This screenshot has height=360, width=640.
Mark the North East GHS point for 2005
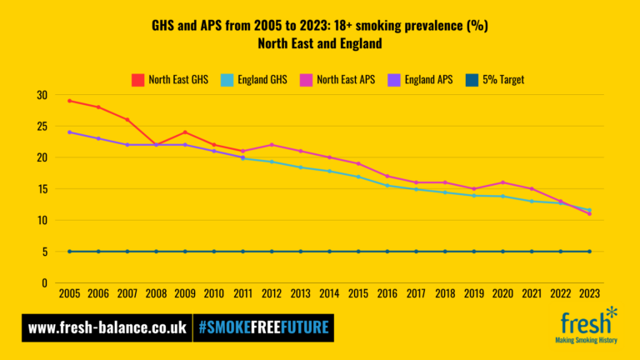(70, 101)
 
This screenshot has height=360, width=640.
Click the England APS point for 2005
(70, 132)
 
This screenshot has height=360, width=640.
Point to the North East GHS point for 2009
(185, 132)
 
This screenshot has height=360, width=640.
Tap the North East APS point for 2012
(272, 145)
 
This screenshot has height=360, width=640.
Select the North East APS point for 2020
(502, 182)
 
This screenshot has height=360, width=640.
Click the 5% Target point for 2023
(589, 252)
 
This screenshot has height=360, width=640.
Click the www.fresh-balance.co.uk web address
(107, 327)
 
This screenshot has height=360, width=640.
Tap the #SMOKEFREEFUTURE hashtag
(262, 327)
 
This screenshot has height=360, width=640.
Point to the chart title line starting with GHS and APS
(320, 26)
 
